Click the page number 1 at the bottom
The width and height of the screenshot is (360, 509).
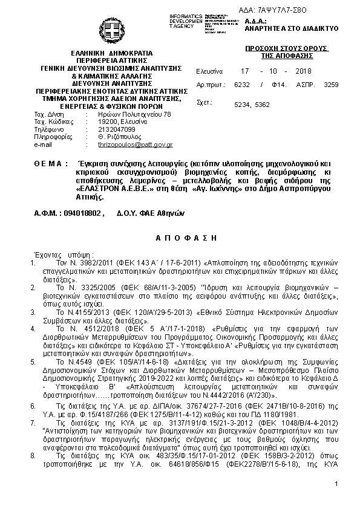335,501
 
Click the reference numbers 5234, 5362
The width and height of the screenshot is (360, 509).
252,104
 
